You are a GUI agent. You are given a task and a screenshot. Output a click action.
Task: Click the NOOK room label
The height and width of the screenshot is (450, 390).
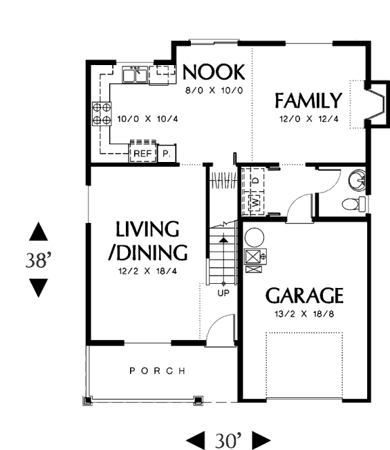point(214,72)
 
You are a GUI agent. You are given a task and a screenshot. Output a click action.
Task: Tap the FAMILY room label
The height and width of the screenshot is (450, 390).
point(308,100)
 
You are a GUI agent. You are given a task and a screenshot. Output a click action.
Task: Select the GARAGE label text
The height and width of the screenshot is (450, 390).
point(304,296)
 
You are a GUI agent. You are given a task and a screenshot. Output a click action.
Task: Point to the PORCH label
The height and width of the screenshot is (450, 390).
point(158,371)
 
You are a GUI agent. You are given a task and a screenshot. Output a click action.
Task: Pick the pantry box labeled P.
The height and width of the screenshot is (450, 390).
point(167,154)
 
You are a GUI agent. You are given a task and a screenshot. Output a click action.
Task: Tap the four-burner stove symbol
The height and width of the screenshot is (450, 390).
point(102,114)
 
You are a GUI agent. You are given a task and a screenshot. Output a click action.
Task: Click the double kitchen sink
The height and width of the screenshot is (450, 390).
point(135,75)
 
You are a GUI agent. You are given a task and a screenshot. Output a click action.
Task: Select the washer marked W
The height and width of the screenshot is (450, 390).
point(256,203)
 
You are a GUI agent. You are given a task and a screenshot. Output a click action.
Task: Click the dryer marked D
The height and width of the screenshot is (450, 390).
point(256,180)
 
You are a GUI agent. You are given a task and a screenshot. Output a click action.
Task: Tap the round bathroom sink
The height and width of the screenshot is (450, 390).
point(357,180)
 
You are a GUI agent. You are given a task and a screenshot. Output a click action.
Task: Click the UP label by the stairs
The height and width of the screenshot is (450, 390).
point(223,293)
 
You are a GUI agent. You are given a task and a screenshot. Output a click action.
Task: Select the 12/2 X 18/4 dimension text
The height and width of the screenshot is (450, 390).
point(147,271)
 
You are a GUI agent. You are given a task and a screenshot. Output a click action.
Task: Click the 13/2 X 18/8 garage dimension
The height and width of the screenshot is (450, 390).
point(304,314)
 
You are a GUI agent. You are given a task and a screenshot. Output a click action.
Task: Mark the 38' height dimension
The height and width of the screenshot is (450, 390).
point(39,260)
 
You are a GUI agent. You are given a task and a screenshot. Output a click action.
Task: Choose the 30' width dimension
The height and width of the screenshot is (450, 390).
point(228,440)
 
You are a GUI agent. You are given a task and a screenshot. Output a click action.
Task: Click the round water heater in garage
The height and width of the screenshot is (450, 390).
point(254,237)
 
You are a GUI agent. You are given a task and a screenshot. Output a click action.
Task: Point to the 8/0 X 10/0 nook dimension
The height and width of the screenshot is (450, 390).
point(214,91)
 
